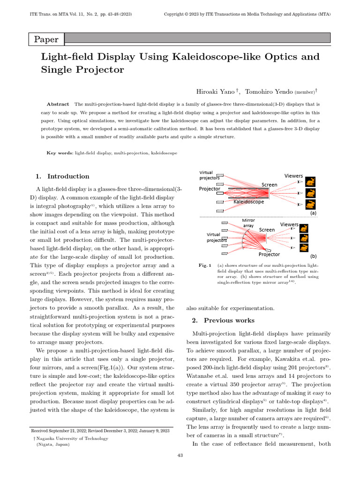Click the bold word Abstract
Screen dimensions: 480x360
(58, 104)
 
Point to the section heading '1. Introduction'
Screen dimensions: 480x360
(62, 176)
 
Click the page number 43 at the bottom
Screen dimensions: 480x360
(180, 455)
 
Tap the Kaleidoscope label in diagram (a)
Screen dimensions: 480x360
(248, 202)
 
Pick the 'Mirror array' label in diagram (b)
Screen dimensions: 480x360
(248, 223)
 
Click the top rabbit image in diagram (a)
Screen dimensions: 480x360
(311, 181)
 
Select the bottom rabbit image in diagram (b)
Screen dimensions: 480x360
(304, 248)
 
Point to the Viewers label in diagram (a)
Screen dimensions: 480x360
(293, 176)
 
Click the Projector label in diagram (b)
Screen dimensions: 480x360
(270, 255)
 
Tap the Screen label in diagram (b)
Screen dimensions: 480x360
(267, 230)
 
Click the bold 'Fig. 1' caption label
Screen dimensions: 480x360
(205, 265)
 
